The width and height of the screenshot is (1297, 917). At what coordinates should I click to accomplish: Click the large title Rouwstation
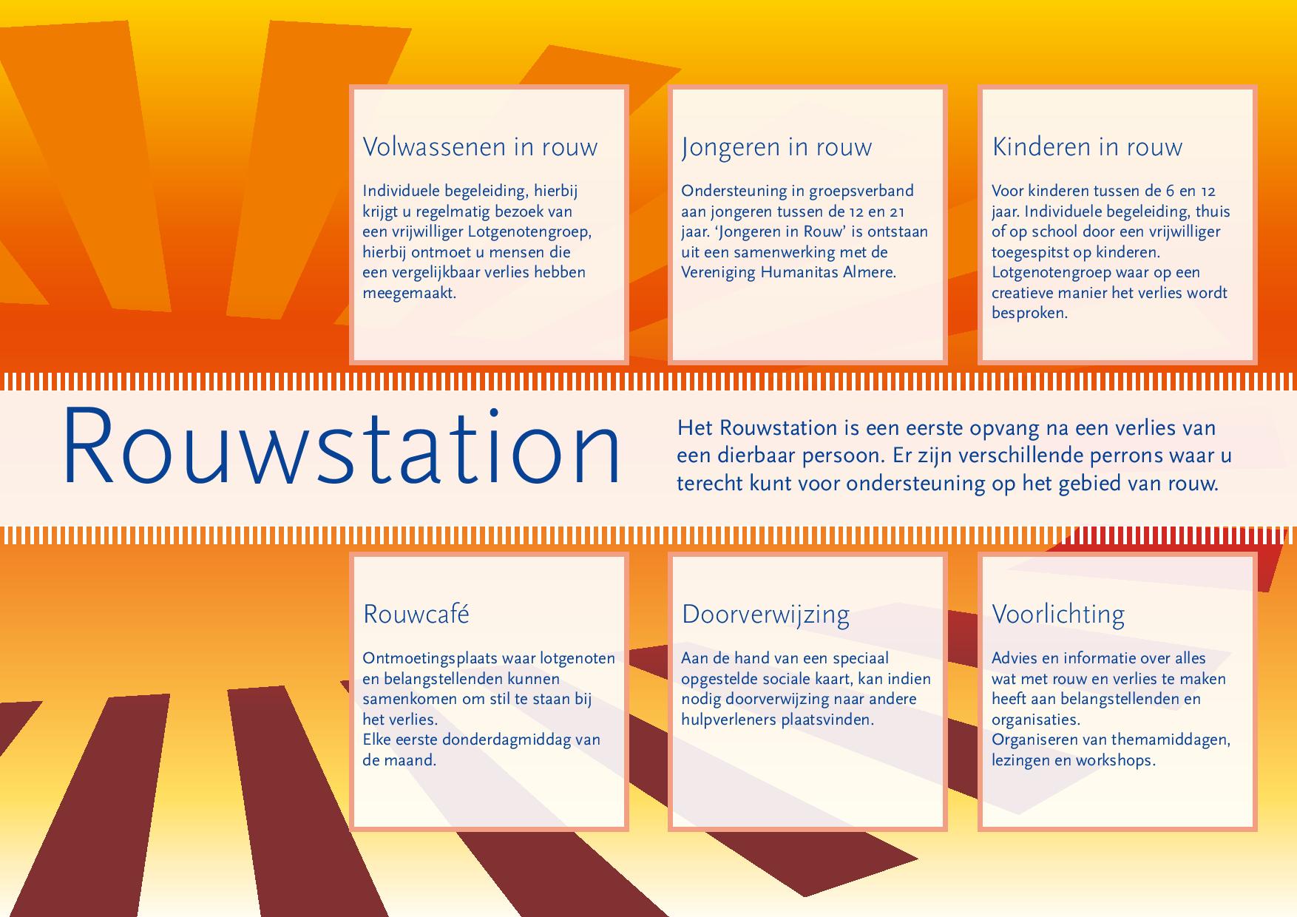pos(341,447)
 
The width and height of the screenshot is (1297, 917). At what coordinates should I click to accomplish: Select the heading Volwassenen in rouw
pos(480,146)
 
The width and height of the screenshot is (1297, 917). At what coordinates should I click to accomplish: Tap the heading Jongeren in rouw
pos(776,147)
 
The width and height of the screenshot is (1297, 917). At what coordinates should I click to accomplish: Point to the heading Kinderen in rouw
pos(1087,146)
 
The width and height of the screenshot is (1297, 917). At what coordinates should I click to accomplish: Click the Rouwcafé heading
pos(416,614)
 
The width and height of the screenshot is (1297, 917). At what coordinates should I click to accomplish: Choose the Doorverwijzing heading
pos(765,615)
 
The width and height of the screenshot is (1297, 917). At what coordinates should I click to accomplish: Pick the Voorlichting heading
pos(1058,615)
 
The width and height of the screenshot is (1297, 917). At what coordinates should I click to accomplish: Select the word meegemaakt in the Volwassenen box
pos(409,293)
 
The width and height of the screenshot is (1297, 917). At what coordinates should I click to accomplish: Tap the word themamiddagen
pos(1171,740)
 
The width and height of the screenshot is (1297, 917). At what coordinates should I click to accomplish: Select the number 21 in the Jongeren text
pos(896,212)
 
